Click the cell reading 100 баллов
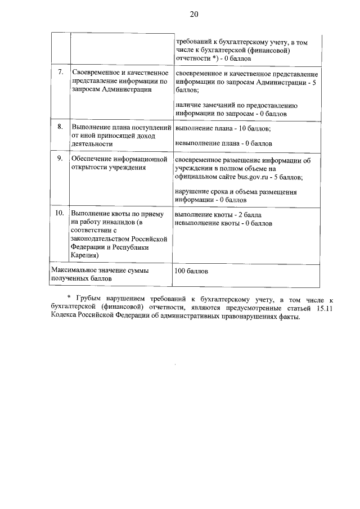(x=192, y=271)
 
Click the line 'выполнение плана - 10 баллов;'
(x=223, y=129)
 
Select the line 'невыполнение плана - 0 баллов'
(x=224, y=143)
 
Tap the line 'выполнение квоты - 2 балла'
(x=218, y=215)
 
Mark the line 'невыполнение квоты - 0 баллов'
(x=224, y=223)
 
